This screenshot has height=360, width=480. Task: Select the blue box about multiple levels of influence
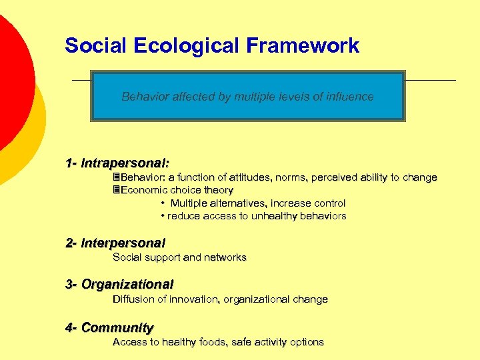pyautogui.click(x=247, y=97)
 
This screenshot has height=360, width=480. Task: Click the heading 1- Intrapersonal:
pyautogui.click(x=117, y=163)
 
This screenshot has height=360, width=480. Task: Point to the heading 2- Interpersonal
pyautogui.click(x=115, y=243)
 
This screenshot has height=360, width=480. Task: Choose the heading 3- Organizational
pyautogui.click(x=119, y=285)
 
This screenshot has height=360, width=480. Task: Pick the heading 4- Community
pyautogui.click(x=109, y=327)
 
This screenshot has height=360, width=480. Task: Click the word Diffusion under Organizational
pyautogui.click(x=133, y=299)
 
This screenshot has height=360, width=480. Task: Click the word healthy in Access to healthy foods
pyautogui.click(x=175, y=342)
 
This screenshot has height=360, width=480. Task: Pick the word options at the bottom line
pyautogui.click(x=306, y=342)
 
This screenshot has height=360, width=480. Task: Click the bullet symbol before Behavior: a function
pyautogui.click(x=116, y=178)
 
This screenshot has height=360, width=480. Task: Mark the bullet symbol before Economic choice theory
pyautogui.click(x=116, y=191)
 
